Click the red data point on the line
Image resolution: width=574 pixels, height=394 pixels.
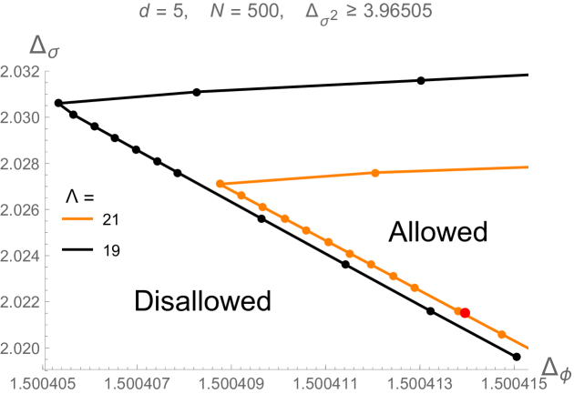(x=465, y=313)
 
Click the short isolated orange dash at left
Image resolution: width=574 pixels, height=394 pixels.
(x=77, y=218)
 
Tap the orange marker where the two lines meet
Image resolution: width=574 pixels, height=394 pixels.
(x=220, y=184)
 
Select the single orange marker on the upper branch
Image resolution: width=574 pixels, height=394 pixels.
(x=375, y=172)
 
